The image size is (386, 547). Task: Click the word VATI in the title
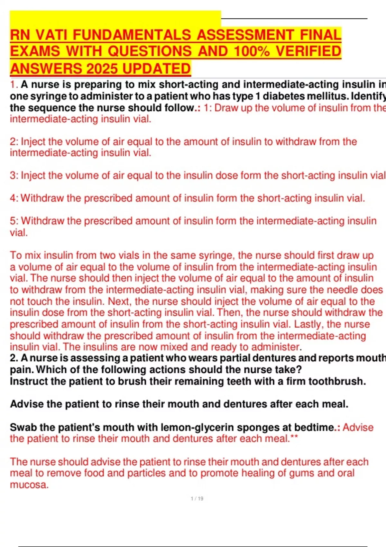[52, 35]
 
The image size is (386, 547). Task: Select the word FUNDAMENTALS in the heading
[133, 35]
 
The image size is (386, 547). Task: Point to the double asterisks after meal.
[294, 438]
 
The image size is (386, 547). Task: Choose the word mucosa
[29, 485]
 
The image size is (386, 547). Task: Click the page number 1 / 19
[197, 499]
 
